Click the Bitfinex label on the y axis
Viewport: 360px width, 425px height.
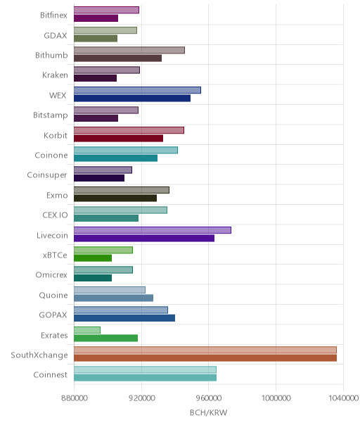[53, 15]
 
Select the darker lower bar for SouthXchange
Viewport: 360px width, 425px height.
[205, 357]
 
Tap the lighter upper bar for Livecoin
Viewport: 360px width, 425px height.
[153, 230]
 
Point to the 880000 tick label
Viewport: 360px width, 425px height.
[75, 398]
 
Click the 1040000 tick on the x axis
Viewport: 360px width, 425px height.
[343, 398]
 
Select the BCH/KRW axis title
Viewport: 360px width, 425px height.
[208, 412]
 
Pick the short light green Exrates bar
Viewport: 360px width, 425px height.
[87, 330]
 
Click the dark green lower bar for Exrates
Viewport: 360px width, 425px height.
[106, 338]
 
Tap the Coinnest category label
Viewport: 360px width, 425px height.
[50, 374]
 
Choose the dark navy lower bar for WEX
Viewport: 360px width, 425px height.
[132, 98]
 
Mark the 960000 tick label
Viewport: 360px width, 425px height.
[209, 398]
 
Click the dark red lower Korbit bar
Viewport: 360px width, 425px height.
[119, 138]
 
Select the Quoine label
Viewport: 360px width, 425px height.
[53, 295]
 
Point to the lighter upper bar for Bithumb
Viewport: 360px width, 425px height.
[129, 50]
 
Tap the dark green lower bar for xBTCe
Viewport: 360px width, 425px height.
[93, 258]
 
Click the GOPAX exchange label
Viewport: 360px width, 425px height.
[53, 315]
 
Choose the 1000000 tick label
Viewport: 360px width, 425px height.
[276, 398]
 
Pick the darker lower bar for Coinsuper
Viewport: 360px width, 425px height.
[99, 178]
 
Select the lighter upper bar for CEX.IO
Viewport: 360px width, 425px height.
[120, 210]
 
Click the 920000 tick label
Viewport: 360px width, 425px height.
[141, 398]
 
